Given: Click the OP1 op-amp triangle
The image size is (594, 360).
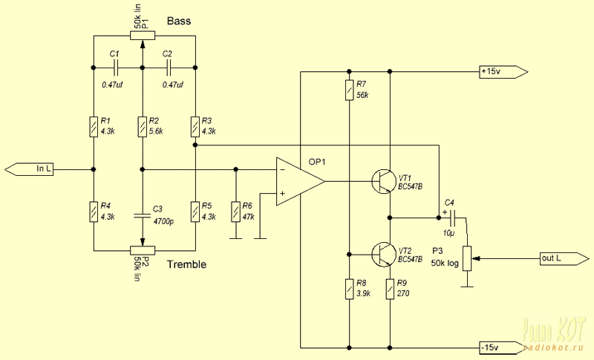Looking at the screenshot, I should click(x=298, y=180).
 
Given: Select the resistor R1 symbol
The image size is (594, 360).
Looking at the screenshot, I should click(x=94, y=127).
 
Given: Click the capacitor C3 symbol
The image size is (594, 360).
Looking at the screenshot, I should click(x=142, y=216).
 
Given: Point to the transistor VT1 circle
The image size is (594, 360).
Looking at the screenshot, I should click(x=383, y=180).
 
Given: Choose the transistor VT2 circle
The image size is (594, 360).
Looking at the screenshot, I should click(x=383, y=255).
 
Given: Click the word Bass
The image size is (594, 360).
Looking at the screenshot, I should click(x=179, y=21).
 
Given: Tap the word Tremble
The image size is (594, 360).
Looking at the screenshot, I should click(x=186, y=265).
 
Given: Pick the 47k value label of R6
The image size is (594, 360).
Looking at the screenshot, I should click(x=248, y=217).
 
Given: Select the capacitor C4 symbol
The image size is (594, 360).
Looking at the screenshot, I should click(x=452, y=217).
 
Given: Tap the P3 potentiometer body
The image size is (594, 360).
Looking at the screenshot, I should click(x=466, y=259).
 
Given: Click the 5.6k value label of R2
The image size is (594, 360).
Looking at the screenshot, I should click(x=157, y=131).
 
